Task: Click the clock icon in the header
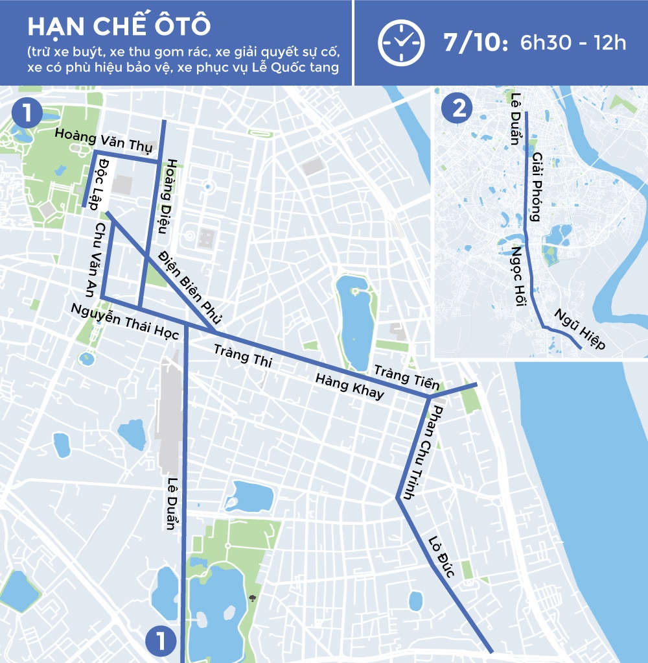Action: point(402,43)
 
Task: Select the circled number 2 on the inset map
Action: point(458,108)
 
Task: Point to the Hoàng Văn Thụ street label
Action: point(103,140)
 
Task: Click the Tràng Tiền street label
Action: point(406,377)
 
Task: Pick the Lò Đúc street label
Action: point(444,557)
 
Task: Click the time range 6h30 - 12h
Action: point(573,43)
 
